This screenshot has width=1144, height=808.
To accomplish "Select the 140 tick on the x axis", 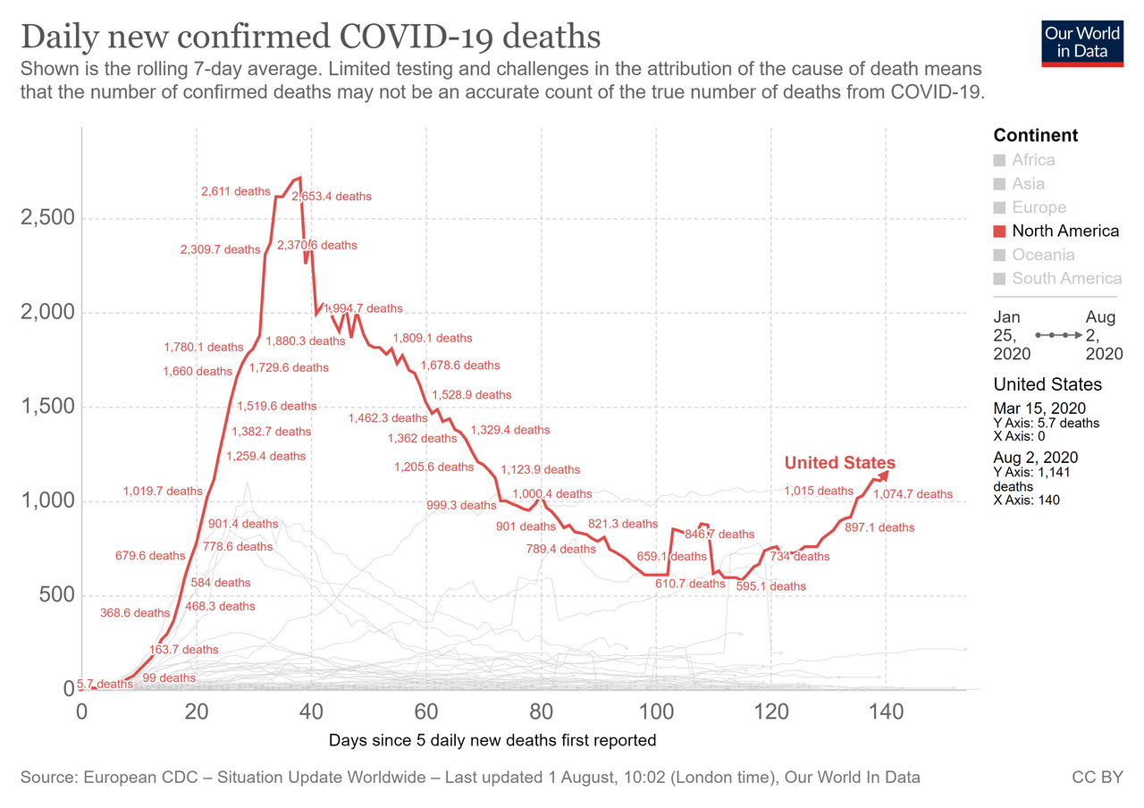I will pyautogui.click(x=885, y=712).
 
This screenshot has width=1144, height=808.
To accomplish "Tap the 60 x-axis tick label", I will pyautogui.click(x=425, y=712).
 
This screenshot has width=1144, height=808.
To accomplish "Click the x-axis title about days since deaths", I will pyautogui.click(x=492, y=740).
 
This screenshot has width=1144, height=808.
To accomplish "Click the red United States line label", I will pyautogui.click(x=839, y=463).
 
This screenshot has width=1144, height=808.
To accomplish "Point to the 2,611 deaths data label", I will pyautogui.click(x=235, y=191).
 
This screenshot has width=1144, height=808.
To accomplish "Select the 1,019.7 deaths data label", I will pyautogui.click(x=163, y=491).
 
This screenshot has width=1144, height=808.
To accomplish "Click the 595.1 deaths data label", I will pyautogui.click(x=770, y=586).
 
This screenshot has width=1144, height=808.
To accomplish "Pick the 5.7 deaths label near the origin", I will pyautogui.click(x=105, y=684).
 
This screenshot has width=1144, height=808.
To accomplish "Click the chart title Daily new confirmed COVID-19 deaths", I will pyautogui.click(x=309, y=38).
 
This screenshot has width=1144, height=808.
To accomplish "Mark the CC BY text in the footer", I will pyautogui.click(x=1097, y=778).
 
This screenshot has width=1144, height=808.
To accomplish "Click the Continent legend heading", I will pyautogui.click(x=1036, y=136).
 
